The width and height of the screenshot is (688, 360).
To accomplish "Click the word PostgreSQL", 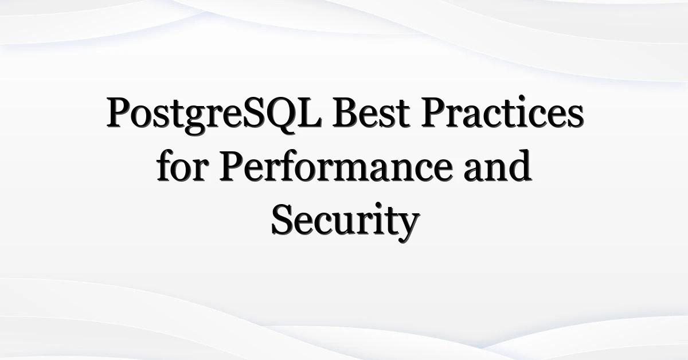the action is tap(214, 115).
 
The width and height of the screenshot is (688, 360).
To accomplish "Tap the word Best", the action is tap(372, 113).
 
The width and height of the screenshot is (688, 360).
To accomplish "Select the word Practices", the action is tap(502, 112).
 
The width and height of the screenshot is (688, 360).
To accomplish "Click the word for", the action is tap(182, 166).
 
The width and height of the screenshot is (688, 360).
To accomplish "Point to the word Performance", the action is tap(336, 166).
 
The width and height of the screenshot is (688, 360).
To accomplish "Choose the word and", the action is tap(498, 166).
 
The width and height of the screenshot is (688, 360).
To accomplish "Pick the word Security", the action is tap(345, 222).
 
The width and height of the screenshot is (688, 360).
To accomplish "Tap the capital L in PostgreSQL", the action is tap(309, 113).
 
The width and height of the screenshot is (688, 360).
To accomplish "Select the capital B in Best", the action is tap(346, 113).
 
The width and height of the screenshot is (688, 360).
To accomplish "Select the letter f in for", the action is tap(166, 166).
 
